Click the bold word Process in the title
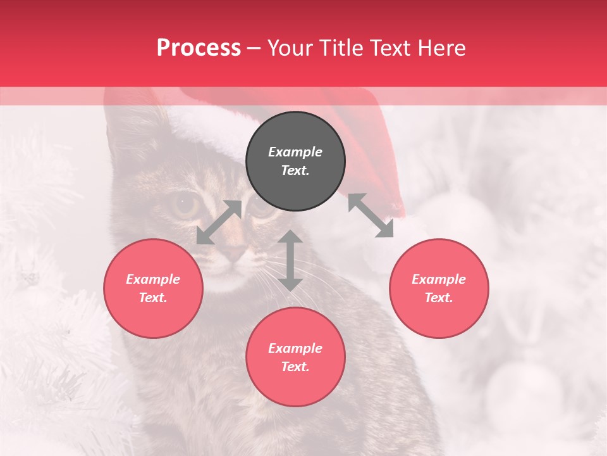[199, 47]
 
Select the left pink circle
[153, 288]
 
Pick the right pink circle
[439, 288]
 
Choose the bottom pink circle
[295, 357]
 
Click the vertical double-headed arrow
[290, 260]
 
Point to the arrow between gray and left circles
[219, 222]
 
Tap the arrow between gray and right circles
[371, 215]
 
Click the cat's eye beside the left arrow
[185, 205]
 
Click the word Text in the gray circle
[295, 171]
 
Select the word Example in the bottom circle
[295, 348]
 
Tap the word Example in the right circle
[439, 279]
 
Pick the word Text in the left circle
[153, 298]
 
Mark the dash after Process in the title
[254, 48]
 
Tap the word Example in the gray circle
[295, 152]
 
